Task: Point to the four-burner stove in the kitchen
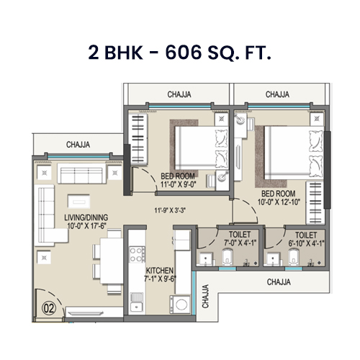pyautogui.click(x=135, y=252)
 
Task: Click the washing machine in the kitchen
pyautogui.click(x=178, y=302)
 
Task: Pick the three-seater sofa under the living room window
pyautogui.click(x=77, y=175)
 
